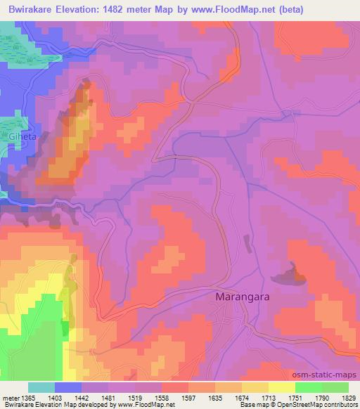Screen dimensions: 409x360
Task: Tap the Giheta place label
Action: pyautogui.click(x=21, y=137)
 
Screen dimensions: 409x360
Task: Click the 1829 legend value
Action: pyautogui.click(x=347, y=397)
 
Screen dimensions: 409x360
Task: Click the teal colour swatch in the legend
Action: pyautogui.click(x=41, y=387)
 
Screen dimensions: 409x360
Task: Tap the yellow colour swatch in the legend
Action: pyautogui.click(x=281, y=387)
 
